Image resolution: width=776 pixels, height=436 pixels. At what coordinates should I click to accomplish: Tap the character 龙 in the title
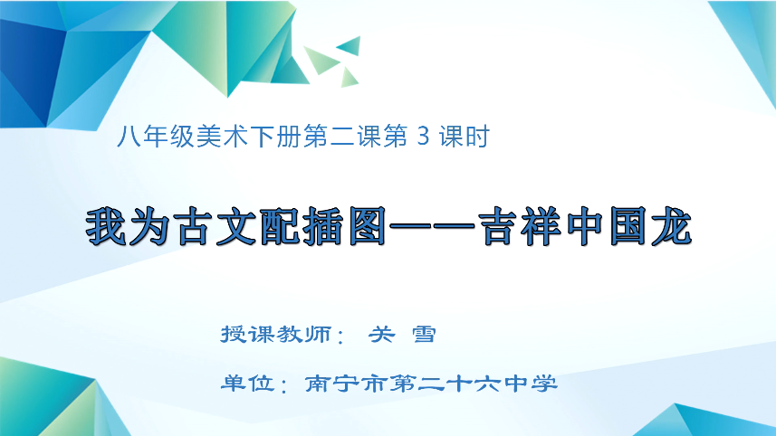click(667, 228)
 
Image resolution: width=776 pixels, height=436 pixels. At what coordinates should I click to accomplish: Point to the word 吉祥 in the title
click(517, 228)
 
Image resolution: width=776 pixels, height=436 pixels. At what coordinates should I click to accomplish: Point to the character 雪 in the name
click(423, 334)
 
